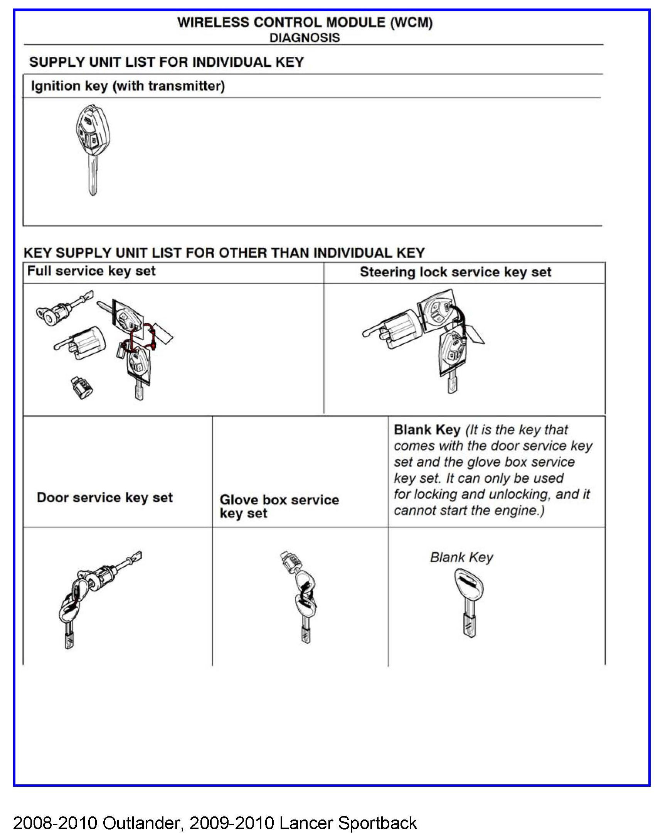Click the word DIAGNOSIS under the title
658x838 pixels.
[x=305, y=38]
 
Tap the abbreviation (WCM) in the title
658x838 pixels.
[x=411, y=22]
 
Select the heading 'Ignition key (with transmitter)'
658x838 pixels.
[x=128, y=86]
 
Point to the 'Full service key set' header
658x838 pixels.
[x=91, y=271]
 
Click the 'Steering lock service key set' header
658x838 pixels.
[x=455, y=272]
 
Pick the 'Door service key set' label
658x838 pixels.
[x=104, y=498]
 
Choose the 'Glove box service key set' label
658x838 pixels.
[x=279, y=506]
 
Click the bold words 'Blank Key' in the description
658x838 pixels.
[x=427, y=430]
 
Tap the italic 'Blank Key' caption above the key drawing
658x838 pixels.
[x=461, y=558]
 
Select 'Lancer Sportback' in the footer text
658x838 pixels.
[x=348, y=823]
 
